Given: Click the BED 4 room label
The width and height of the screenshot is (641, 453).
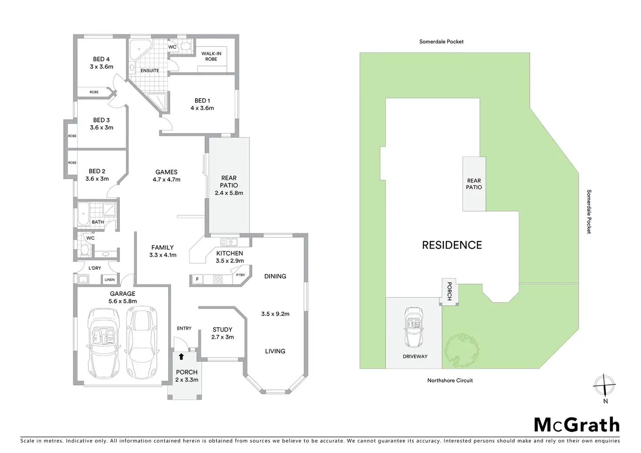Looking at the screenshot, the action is (101, 59).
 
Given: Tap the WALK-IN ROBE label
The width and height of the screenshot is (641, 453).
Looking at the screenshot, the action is (211, 56).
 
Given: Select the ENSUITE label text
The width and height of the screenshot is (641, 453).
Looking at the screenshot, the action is (150, 70).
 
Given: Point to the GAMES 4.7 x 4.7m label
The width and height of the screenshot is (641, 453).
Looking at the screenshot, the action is (166, 176).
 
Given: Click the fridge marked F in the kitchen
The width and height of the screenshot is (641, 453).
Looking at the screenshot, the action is (197, 279).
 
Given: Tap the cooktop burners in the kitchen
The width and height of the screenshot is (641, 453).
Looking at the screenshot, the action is (218, 279).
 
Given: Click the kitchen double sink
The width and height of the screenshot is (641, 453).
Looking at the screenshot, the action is (229, 242).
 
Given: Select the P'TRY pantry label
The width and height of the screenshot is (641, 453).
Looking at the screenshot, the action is (240, 275).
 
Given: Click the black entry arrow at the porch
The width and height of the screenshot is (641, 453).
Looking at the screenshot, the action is (182, 357).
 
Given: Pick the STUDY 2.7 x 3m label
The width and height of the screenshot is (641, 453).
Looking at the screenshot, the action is (223, 333).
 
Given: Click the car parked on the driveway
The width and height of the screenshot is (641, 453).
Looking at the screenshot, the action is (414, 326).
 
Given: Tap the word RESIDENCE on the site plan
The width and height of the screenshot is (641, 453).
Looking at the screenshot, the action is (452, 245).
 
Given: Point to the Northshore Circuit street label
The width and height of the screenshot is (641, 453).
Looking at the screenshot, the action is (450, 380).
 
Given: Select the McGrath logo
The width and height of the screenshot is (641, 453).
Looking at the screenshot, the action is (577, 425).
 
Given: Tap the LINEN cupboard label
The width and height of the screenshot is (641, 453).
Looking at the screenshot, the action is (110, 280).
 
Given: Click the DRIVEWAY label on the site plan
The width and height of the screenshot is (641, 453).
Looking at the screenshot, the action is (415, 356).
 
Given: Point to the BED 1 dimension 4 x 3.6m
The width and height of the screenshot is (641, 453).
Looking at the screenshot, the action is (202, 108).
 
